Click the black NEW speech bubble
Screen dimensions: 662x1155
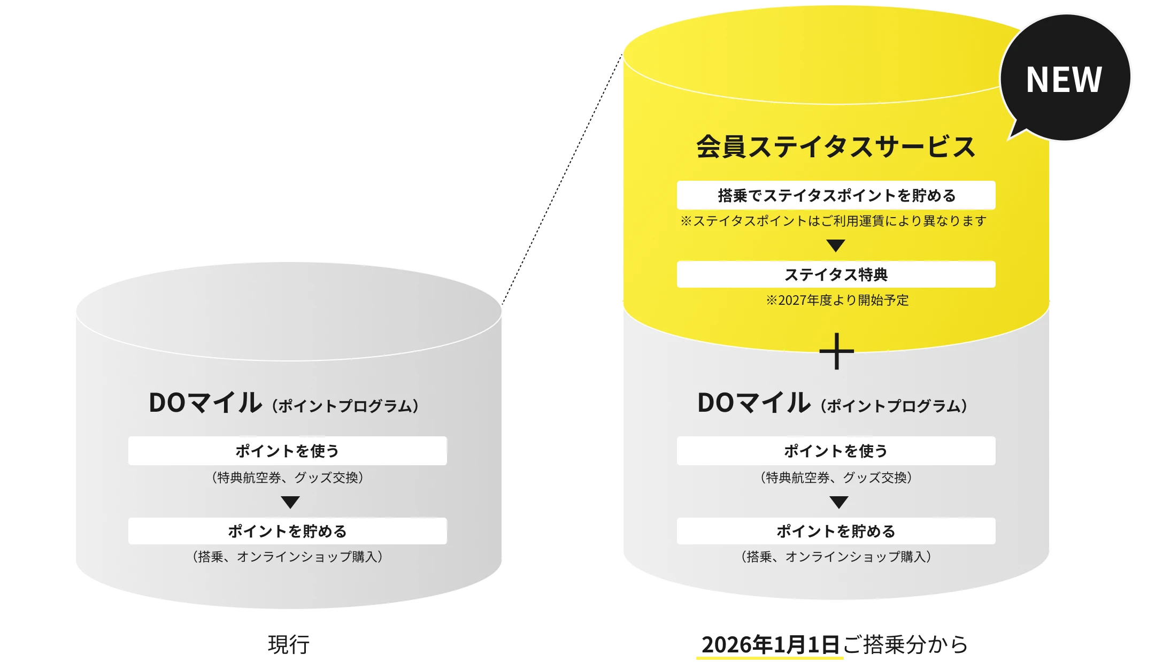pos(1064,79)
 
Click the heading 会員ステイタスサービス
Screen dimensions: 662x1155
pos(836,147)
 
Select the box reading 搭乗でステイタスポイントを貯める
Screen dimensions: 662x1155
pos(836,195)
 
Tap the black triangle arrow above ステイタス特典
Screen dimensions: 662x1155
pos(836,245)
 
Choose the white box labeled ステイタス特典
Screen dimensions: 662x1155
pos(836,274)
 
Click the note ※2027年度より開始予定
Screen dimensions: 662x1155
pos(837,300)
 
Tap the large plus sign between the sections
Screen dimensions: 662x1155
pos(836,351)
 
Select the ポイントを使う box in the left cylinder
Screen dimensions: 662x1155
pos(287,451)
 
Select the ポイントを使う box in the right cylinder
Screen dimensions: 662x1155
pos(836,451)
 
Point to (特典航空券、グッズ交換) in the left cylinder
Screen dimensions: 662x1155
pos(287,478)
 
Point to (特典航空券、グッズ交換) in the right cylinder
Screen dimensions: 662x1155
pos(836,478)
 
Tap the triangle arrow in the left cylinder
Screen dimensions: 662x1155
pos(290,503)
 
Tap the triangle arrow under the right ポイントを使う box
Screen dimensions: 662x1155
pos(838,503)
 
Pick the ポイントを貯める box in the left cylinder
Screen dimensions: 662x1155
pos(287,531)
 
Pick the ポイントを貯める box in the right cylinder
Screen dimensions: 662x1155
pos(836,531)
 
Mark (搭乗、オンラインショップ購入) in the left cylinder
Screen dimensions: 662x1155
pos(287,557)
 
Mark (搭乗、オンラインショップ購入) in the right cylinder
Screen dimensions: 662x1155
pos(836,557)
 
